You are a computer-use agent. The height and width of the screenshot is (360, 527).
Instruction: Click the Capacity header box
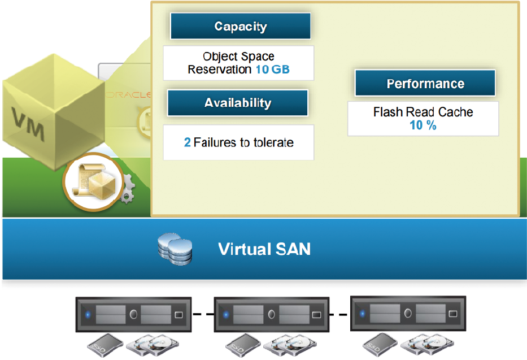tap(240, 26)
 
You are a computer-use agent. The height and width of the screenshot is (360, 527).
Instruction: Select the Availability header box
tap(238, 103)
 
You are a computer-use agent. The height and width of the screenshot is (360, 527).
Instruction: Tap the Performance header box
tap(425, 84)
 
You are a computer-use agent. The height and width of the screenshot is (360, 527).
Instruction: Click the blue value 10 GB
tap(273, 70)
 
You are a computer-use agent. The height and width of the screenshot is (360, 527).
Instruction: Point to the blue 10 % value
tap(423, 125)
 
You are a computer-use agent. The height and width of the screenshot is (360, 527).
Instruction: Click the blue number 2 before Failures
tap(187, 142)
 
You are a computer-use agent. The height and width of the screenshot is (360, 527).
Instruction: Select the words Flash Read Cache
tap(423, 112)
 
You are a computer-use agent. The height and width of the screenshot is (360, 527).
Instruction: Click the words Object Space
tap(238, 56)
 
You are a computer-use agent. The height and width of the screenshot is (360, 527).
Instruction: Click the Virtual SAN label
tap(264, 249)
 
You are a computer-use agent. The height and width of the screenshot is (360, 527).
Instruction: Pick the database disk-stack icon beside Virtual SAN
tap(175, 249)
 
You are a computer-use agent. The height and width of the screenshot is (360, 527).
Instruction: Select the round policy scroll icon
tap(93, 182)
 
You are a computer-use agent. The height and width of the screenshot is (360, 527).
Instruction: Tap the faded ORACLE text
tap(128, 95)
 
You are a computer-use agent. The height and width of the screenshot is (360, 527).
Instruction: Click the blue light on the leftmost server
tap(88, 315)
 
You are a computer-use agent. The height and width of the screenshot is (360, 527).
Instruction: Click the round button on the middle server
tap(271, 315)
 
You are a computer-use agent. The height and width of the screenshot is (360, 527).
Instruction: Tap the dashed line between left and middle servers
tap(203, 315)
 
